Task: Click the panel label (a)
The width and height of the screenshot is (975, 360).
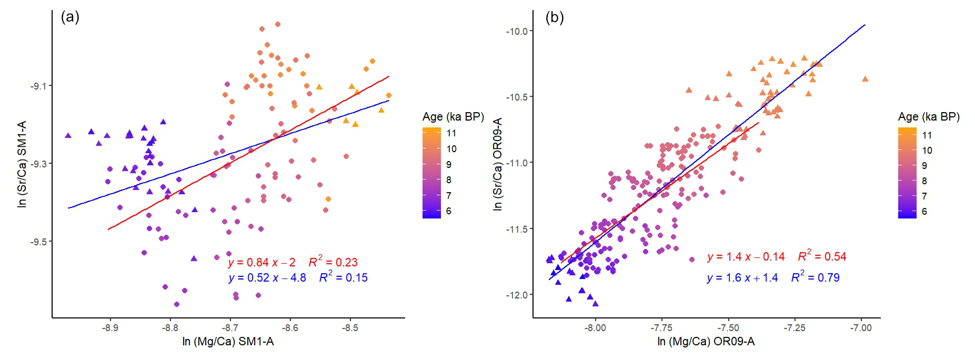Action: point(70,17)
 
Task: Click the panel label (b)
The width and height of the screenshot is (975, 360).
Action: point(555,17)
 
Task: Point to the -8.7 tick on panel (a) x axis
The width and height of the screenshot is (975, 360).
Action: point(230,328)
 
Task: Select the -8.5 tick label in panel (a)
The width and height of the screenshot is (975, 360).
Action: point(350,328)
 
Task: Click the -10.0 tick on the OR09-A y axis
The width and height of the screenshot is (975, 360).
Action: point(517,32)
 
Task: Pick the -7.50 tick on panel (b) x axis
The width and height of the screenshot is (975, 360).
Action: point(728,328)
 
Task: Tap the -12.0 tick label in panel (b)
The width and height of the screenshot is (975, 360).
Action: point(517,295)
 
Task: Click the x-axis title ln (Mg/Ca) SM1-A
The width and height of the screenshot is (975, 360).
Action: point(228,342)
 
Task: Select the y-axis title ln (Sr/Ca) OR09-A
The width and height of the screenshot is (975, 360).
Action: point(498,164)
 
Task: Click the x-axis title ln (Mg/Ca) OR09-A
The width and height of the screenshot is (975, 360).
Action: point(706,342)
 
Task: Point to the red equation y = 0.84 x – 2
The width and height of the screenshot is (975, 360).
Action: point(262,263)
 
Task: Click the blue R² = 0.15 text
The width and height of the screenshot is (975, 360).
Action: point(343,277)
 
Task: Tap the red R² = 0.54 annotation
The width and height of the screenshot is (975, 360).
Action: point(822,256)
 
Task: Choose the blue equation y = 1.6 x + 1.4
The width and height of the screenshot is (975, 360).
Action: point(742,278)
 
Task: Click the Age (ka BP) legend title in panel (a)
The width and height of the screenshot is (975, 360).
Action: point(453,117)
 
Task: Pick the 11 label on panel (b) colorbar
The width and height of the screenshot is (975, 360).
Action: point(927,135)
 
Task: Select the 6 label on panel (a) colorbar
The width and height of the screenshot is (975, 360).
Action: point(449,211)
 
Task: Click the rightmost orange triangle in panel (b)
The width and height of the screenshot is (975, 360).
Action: point(865,79)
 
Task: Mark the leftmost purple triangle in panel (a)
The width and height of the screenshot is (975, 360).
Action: point(68,136)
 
